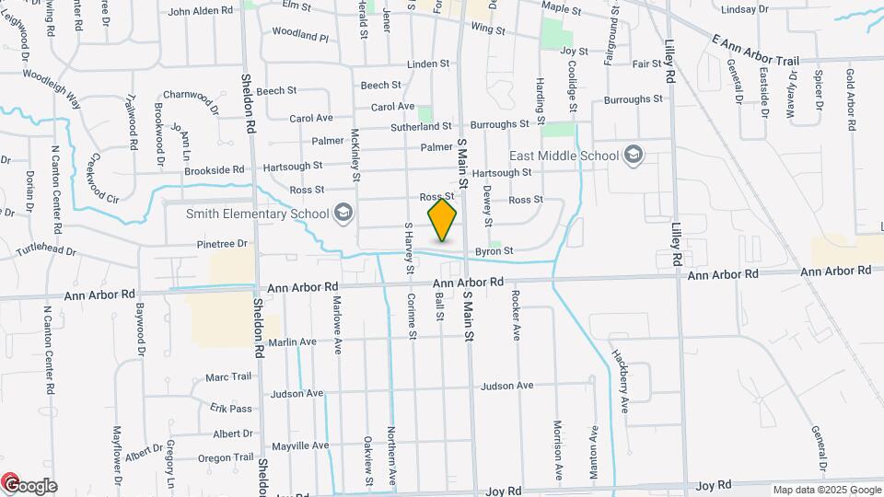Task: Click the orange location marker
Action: tap(443, 220)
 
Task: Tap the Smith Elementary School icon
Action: tap(343, 214)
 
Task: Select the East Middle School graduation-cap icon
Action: tap(633, 155)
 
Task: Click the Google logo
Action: tap(29, 486)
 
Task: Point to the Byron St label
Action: tap(494, 251)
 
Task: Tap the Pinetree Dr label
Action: tap(223, 244)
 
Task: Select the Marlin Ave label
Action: tap(293, 341)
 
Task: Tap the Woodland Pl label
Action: tap(300, 36)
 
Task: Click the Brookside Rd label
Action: tap(214, 169)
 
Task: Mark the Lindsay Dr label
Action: tap(746, 9)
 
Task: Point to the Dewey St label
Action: tap(489, 206)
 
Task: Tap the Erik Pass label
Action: tap(230, 408)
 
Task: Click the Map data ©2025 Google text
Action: tap(827, 490)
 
